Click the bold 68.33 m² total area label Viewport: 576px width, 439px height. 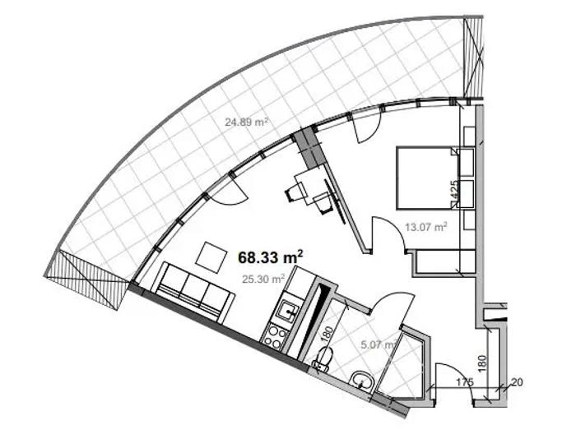click(x=271, y=256)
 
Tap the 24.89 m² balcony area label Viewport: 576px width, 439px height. click(x=246, y=122)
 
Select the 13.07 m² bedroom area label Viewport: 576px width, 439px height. click(x=425, y=227)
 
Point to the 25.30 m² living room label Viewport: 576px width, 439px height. click(x=263, y=279)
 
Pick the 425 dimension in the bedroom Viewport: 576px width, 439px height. click(x=455, y=191)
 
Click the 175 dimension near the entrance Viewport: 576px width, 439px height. click(x=465, y=381)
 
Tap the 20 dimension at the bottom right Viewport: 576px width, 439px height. click(x=516, y=382)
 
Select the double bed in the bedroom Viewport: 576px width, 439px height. click(x=426, y=178)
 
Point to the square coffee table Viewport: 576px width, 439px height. click(x=211, y=257)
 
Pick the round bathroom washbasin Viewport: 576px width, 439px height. click(x=362, y=381)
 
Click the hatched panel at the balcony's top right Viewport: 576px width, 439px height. click(x=473, y=58)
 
